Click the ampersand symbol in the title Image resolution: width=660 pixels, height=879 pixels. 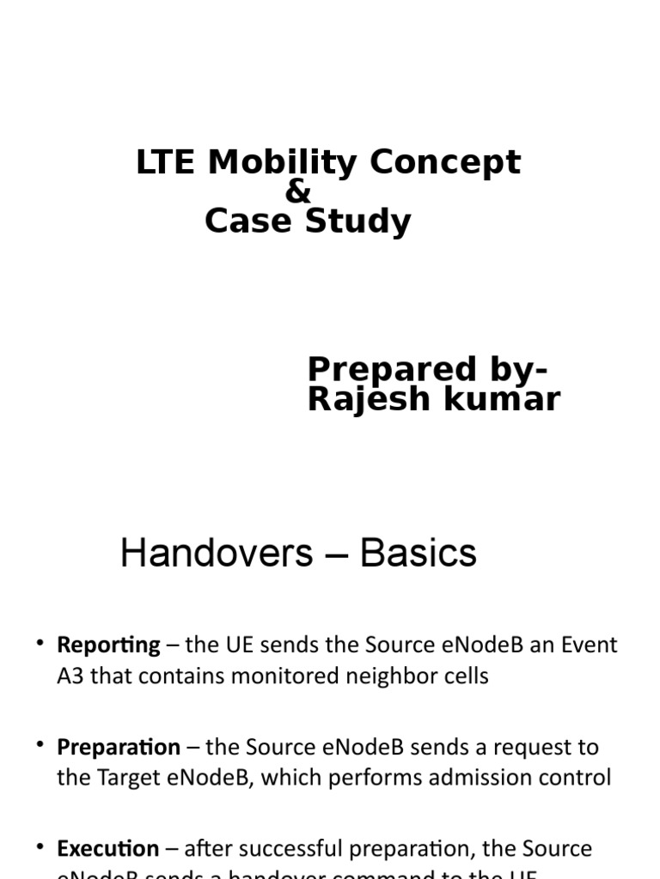pyautogui.click(x=297, y=192)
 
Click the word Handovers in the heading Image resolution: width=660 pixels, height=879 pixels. pyautogui.click(x=217, y=554)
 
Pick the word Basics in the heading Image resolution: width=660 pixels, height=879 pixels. pyautogui.click(x=419, y=554)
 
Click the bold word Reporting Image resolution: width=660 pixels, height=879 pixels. pyautogui.click(x=108, y=646)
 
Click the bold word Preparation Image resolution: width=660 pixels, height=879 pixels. pyautogui.click(x=119, y=748)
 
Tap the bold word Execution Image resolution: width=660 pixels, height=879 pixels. pyautogui.click(x=107, y=849)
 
